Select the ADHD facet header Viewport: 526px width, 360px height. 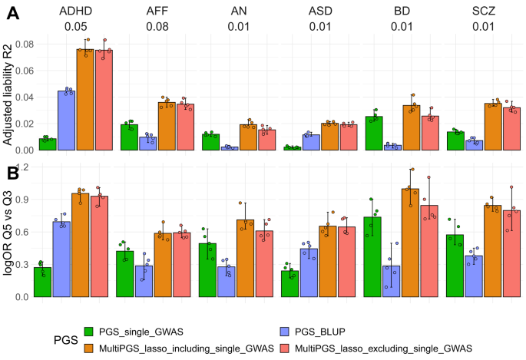[x=74, y=12]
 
